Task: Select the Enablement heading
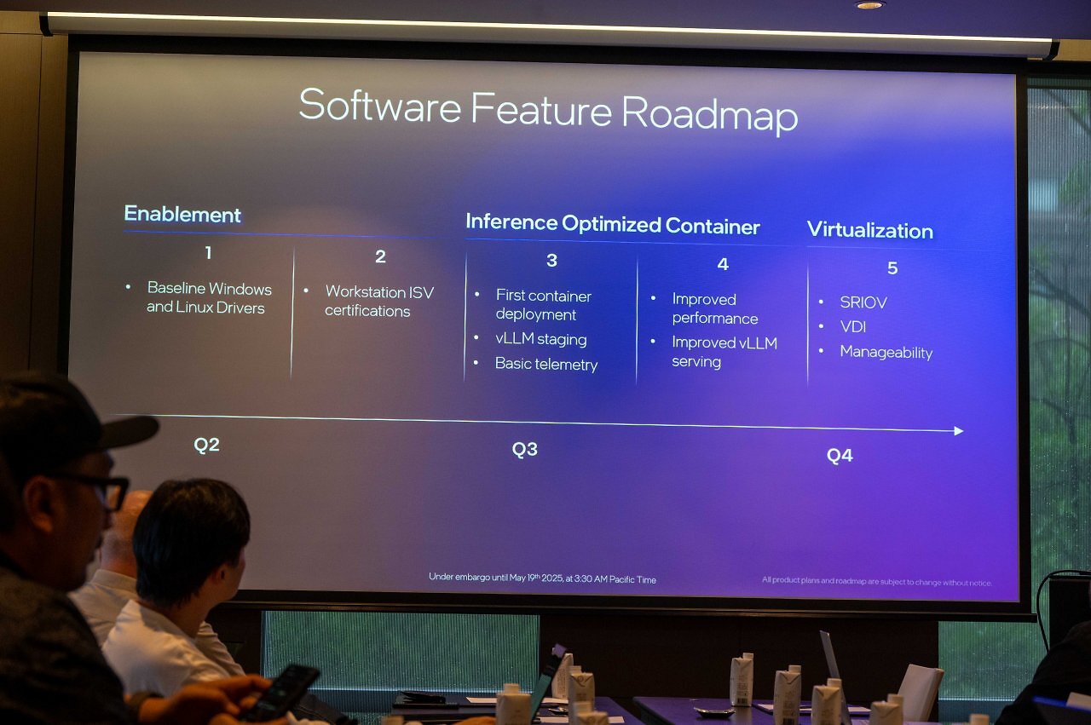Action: coord(182,214)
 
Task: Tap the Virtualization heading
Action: coord(870,230)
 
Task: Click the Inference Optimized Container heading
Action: coord(613,224)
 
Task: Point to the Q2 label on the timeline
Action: coord(206,445)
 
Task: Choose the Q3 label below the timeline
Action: coord(524,449)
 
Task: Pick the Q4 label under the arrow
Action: coord(840,455)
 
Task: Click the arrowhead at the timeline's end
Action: coord(959,431)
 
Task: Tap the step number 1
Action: coord(209,253)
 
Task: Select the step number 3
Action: coord(551,260)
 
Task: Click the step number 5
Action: coord(892,268)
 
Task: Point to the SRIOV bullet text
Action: coord(863,302)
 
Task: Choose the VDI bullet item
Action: coord(853,326)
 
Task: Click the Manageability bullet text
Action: coord(886,352)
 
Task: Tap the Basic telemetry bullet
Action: coord(546,364)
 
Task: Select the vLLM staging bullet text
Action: coord(541,338)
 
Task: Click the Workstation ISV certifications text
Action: coord(379,301)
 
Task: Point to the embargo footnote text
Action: coord(542,578)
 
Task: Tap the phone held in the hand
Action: coord(280,693)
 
